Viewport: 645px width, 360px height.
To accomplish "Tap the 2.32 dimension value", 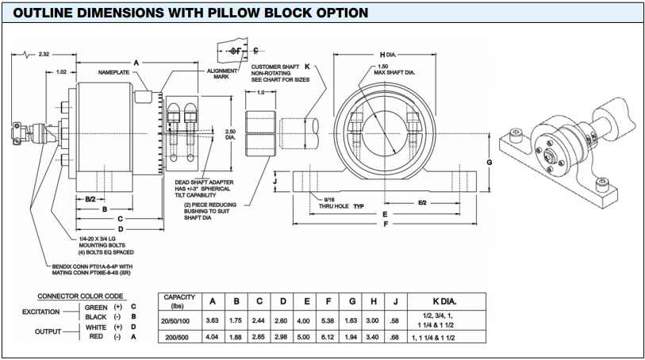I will (44, 54).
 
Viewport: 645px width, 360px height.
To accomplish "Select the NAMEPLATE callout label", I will (113, 72).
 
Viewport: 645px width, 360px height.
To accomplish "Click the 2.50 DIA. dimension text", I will (230, 135).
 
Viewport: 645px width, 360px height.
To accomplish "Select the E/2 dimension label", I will (422, 203).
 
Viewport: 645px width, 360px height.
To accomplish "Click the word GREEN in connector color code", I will (96, 307).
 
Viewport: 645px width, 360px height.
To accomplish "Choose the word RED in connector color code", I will (96, 337).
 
